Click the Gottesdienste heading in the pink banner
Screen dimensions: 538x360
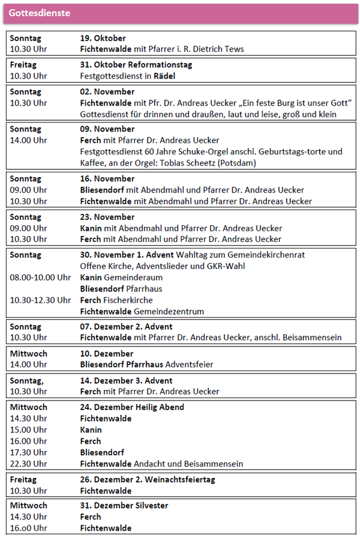click(x=39, y=13)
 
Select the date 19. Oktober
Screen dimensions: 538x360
click(x=103, y=38)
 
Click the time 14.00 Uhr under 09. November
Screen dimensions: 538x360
click(x=28, y=141)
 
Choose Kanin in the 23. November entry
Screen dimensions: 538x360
click(x=91, y=228)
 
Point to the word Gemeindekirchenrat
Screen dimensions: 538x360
click(x=269, y=255)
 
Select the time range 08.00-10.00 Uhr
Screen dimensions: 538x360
click(x=40, y=277)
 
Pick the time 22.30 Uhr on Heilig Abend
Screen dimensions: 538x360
click(x=28, y=464)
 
